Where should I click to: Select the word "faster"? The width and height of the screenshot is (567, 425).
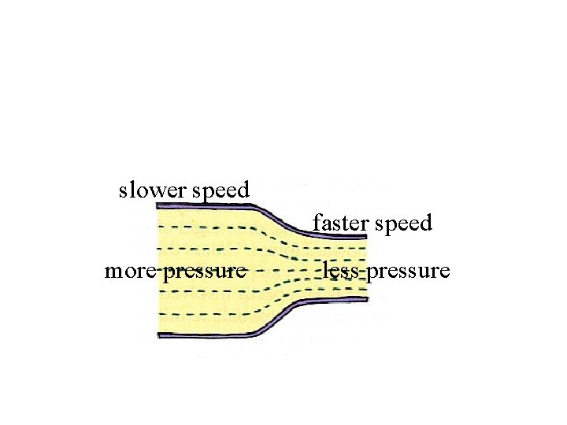click(341, 224)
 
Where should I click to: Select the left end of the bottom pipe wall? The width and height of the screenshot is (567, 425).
click(160, 335)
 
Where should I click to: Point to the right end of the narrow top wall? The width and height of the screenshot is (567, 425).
click(365, 235)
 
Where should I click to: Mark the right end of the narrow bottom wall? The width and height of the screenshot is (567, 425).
click(365, 300)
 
